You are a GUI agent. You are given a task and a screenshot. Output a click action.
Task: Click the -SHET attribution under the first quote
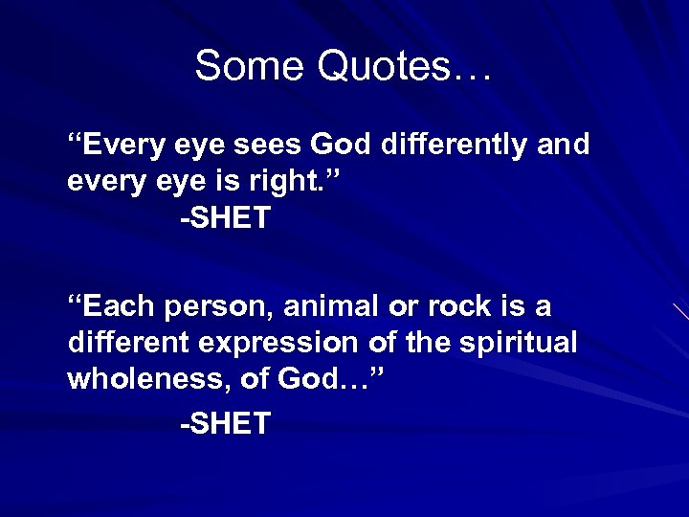click(x=225, y=218)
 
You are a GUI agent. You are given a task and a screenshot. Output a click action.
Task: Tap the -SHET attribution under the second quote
click(x=225, y=422)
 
